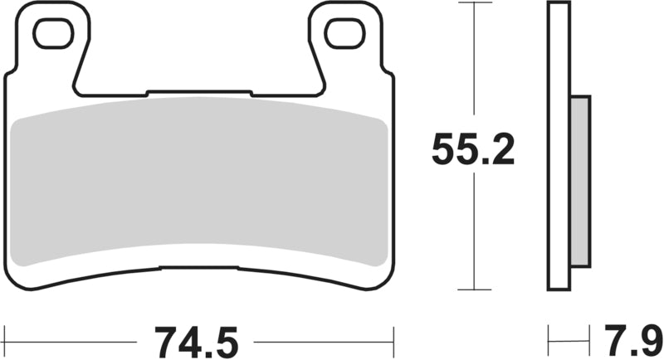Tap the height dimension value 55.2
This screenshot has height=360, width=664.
pyautogui.click(x=473, y=150)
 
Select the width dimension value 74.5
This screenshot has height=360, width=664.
pyautogui.click(x=197, y=340)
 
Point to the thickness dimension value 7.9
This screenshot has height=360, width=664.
pyautogui.click(x=628, y=340)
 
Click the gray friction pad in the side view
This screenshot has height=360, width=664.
pyautogui.click(x=580, y=178)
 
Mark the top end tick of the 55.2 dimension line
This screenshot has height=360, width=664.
pyautogui.click(x=474, y=3)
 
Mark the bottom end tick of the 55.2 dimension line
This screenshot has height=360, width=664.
pyautogui.click(x=474, y=290)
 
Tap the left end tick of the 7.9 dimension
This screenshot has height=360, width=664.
pyautogui.click(x=549, y=340)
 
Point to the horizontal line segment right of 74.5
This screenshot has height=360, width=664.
pyautogui.click(x=324, y=340)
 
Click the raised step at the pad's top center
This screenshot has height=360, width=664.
pyautogui.click(x=198, y=92)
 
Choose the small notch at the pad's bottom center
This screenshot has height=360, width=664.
pyautogui.click(x=198, y=268)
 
